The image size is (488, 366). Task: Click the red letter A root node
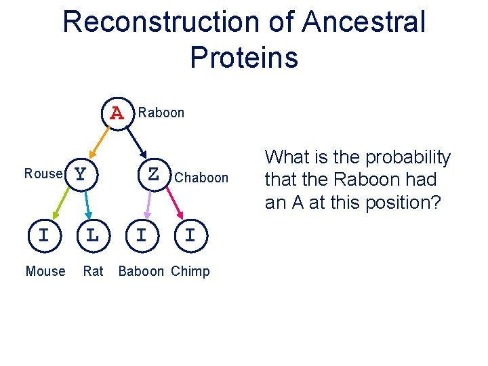[117, 113]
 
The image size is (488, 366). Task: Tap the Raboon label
[161, 113]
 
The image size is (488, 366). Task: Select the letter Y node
[81, 175]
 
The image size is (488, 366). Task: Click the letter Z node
[153, 175]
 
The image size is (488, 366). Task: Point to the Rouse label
[43, 174]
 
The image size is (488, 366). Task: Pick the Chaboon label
[201, 178]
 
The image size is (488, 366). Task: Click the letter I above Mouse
[43, 235]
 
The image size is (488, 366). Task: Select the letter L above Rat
[93, 235]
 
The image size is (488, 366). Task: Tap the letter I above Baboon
[141, 235]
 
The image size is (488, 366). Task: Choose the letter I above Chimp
[190, 235]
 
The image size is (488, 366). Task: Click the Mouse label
[45, 271]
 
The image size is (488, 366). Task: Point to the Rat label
[93, 271]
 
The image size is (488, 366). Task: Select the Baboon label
[141, 271]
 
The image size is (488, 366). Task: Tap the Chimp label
[190, 271]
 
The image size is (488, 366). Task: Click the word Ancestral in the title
[364, 22]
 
